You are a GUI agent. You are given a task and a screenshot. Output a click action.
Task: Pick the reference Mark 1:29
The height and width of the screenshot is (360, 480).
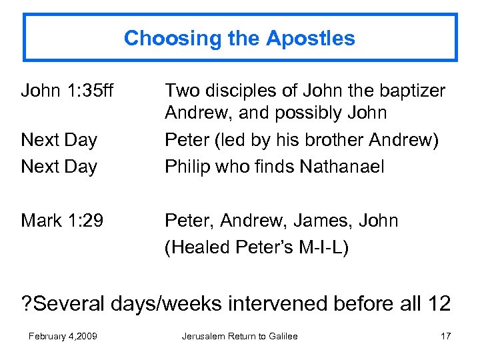62,220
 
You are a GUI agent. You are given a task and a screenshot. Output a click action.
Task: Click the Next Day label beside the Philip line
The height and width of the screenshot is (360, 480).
59,166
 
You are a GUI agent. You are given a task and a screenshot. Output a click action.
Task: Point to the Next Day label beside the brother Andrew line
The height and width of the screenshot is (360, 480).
59,140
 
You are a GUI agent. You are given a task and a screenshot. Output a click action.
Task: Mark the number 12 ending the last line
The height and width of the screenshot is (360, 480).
438,303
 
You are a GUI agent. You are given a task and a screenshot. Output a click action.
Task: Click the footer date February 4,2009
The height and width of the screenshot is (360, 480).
63,336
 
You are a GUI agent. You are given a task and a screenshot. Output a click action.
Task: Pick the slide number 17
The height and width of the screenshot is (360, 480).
445,336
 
